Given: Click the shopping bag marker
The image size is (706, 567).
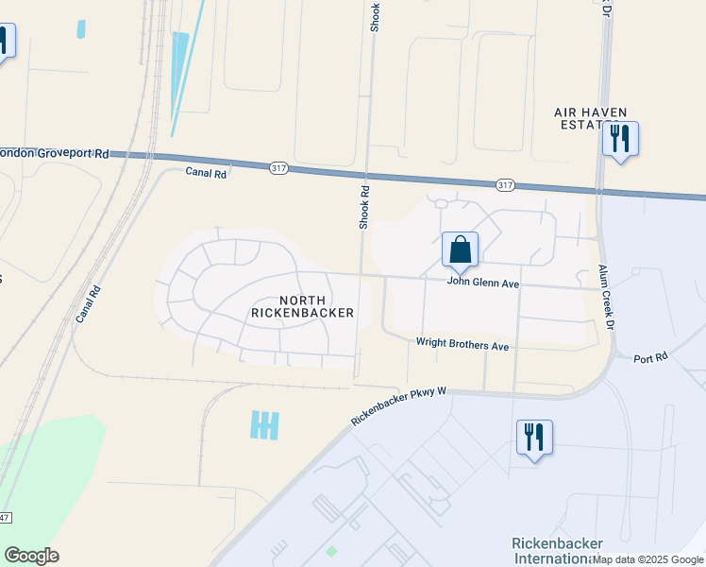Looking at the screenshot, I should (x=460, y=250).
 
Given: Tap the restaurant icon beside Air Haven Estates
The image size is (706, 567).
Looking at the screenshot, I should (x=620, y=139).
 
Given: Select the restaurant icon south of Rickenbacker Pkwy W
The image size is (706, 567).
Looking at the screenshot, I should (x=534, y=438).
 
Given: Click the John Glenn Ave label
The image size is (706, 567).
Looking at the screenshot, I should (x=483, y=283).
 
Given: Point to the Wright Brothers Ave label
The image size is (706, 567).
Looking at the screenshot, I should (x=462, y=347).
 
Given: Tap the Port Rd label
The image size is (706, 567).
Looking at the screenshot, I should (x=650, y=358).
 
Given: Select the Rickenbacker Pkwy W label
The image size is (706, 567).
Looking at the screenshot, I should (x=397, y=406).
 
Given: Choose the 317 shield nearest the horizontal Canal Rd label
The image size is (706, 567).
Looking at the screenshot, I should (x=277, y=167).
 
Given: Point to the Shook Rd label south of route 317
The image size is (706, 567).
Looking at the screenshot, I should (x=363, y=207).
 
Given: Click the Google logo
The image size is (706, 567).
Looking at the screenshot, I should (x=31, y=556).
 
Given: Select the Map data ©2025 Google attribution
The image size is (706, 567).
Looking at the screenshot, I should (x=647, y=559).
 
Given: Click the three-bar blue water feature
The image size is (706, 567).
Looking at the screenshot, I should (x=265, y=425).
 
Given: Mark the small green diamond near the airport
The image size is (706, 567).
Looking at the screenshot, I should (x=330, y=551).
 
